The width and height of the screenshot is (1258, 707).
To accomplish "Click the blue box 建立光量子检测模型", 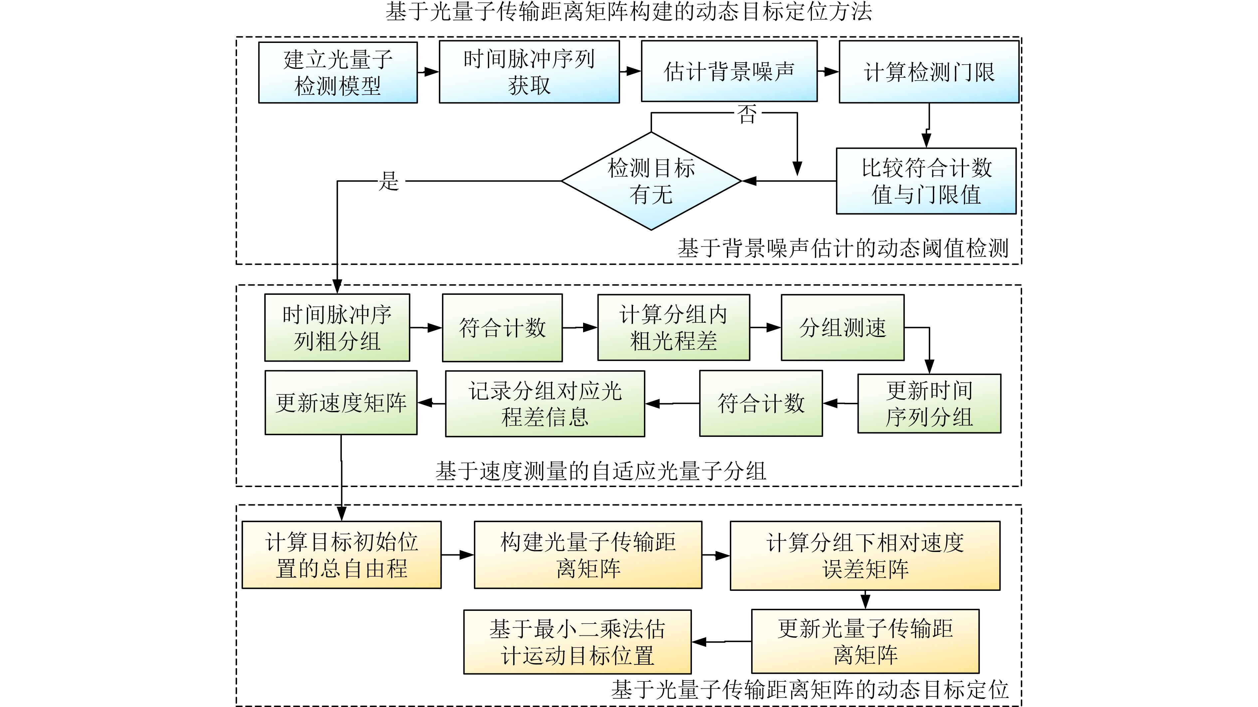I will (337, 72).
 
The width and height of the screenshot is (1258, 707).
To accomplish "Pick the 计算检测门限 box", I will (929, 72).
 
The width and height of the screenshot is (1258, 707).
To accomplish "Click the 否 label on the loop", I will (747, 114).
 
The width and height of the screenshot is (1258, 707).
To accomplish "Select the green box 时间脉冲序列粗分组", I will (337, 328).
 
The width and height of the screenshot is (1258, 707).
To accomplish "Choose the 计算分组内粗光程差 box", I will (674, 328).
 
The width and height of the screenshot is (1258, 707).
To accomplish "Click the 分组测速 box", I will (842, 328).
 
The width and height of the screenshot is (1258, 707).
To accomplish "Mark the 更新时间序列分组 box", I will (929, 403).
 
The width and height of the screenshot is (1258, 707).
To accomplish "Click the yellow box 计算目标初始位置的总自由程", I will (341, 555).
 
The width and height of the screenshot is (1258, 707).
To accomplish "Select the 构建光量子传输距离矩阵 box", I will (588, 555).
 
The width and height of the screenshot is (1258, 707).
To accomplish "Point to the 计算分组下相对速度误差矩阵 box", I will (865, 556).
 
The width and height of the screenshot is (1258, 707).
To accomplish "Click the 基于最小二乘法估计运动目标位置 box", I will (577, 641).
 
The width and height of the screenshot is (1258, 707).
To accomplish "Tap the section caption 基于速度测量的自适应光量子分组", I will (601, 471).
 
